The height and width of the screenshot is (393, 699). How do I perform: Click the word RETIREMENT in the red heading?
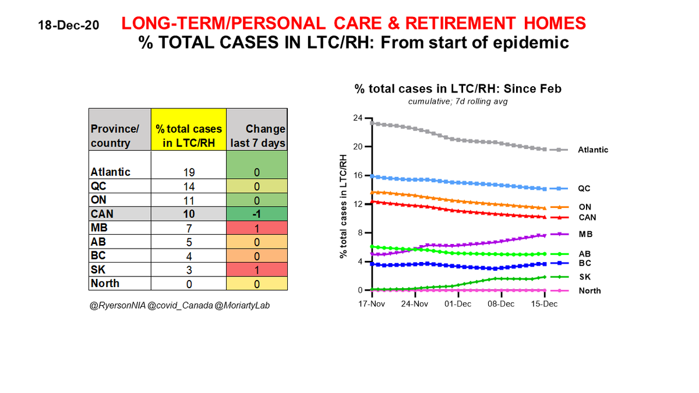(x=452, y=24)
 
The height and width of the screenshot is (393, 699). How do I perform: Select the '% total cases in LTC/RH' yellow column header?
(x=188, y=136)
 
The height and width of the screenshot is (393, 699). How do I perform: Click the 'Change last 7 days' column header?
(x=257, y=136)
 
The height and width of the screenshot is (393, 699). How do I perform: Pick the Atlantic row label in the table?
(x=111, y=172)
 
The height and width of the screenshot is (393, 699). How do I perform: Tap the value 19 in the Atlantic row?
(x=188, y=172)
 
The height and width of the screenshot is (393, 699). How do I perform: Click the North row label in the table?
(x=105, y=284)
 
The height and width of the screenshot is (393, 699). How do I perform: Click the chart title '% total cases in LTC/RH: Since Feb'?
(x=458, y=89)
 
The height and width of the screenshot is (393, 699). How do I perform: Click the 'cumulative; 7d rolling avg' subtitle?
(x=458, y=102)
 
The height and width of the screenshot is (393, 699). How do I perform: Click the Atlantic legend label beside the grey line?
(x=593, y=150)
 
